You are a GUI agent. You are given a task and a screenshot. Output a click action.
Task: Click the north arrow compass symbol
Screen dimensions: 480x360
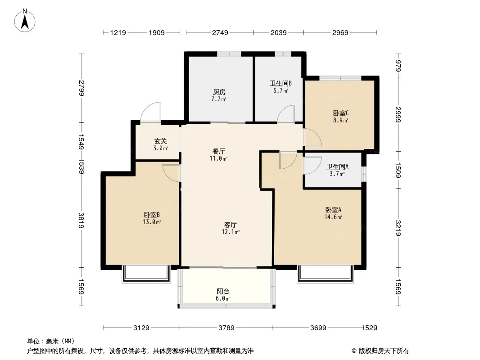click(x=25, y=21)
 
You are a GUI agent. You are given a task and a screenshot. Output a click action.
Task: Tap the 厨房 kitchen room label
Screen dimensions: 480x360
click(x=219, y=92)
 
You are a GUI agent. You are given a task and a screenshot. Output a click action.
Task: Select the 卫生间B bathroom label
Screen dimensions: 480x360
click(x=281, y=83)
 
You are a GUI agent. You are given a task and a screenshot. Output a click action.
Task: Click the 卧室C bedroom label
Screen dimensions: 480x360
click(x=341, y=113)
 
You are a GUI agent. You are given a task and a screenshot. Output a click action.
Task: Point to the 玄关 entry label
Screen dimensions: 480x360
click(x=160, y=141)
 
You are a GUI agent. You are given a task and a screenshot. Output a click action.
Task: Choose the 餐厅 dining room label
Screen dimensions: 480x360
click(x=219, y=151)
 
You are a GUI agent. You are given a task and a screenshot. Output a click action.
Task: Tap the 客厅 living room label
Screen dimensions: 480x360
click(x=230, y=225)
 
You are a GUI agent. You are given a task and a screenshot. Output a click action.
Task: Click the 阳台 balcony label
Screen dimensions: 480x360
click(x=223, y=292)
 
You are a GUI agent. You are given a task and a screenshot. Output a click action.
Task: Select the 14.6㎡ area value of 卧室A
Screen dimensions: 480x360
click(x=333, y=217)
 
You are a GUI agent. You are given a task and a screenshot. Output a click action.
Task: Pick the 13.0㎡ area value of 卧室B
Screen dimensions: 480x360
click(x=152, y=222)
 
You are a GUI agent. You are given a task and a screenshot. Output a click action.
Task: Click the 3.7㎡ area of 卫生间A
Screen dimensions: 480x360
click(x=337, y=174)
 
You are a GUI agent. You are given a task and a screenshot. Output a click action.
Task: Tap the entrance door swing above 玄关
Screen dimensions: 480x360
click(x=150, y=112)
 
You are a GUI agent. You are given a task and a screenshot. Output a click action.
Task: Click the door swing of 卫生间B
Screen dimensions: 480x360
click(x=286, y=114)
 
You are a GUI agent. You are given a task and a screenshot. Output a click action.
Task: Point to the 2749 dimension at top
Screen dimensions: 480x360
click(x=220, y=32)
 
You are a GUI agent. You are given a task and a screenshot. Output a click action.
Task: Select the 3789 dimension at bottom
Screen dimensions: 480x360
click(x=226, y=328)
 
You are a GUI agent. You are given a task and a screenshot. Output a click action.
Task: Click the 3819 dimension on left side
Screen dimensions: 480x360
click(x=81, y=220)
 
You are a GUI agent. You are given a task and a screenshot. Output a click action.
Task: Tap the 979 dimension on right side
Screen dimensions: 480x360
click(x=398, y=66)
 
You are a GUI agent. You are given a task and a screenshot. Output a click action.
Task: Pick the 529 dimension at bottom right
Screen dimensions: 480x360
click(x=371, y=328)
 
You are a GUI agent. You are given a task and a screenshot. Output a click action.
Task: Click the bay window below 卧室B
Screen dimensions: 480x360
click(x=146, y=274)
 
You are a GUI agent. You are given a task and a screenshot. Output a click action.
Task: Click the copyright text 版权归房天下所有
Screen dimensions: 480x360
click(x=384, y=351)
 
